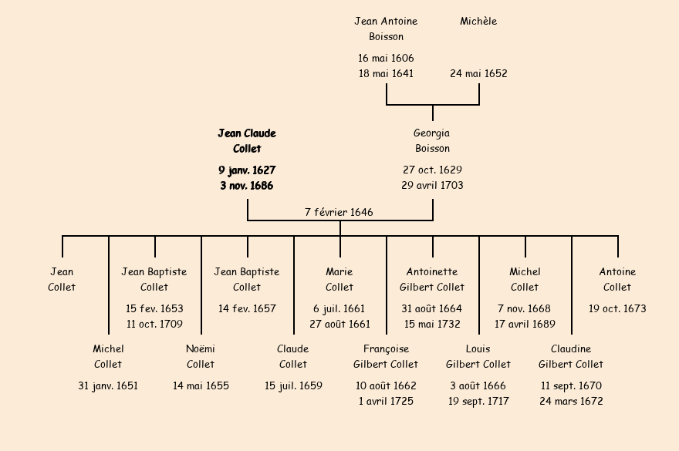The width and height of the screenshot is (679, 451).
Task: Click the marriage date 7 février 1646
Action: tap(339, 212)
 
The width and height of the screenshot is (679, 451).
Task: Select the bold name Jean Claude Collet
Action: tap(247, 141)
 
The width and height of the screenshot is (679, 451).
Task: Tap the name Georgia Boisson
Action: tap(432, 141)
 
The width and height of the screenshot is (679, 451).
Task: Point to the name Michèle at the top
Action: tap(478, 22)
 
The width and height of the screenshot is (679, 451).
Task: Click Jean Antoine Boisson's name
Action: tap(386, 29)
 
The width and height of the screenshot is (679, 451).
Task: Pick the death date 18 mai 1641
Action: tap(386, 74)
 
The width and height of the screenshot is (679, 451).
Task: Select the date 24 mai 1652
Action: tap(478, 74)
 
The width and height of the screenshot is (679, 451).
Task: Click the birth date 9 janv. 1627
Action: tap(247, 170)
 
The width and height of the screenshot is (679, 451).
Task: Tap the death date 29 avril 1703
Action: tap(432, 185)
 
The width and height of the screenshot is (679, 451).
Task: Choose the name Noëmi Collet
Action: tap(201, 356)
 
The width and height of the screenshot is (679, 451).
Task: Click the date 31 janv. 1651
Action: tap(108, 385)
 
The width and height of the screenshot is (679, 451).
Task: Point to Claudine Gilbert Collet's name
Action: tap(571, 356)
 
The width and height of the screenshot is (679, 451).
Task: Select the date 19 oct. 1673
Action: tap(617, 308)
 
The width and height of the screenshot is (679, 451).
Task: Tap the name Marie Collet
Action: tap(339, 279)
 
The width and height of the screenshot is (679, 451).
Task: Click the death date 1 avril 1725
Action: tap(386, 401)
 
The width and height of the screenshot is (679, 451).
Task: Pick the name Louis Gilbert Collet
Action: tap(478, 356)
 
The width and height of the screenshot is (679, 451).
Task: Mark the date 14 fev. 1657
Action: tap(247, 308)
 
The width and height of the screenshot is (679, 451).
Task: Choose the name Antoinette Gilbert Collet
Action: tap(432, 279)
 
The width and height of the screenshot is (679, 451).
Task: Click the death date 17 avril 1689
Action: tap(525, 324)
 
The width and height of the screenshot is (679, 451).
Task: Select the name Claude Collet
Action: tap(293, 356)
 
